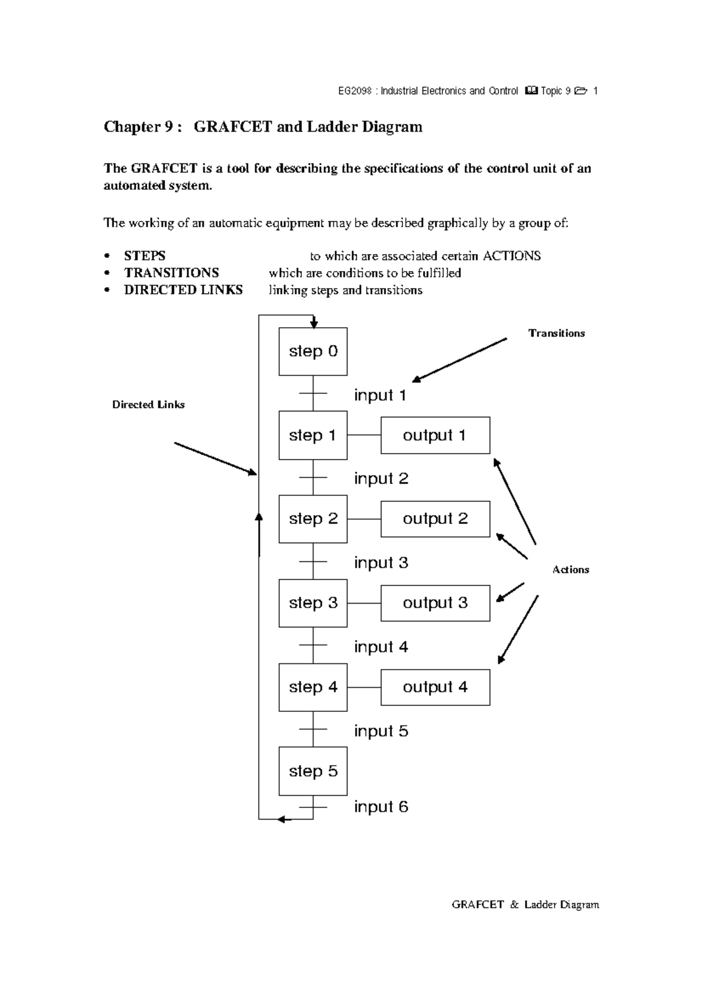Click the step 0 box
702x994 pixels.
313,351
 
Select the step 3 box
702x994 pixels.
313,603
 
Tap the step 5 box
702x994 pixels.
313,771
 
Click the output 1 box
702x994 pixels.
435,435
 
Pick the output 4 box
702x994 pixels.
435,687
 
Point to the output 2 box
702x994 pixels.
435,519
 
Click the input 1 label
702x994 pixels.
380,395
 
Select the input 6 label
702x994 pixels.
381,807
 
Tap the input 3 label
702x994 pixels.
381,563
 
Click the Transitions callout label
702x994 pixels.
556,333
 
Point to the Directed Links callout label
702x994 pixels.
149,405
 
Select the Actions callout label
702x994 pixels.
570,570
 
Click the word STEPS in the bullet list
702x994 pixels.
144,256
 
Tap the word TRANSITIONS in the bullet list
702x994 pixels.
171,273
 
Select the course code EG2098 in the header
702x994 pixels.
355,91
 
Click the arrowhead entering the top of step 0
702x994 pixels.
314,324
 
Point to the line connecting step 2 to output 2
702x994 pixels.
364,519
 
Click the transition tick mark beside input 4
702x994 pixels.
313,645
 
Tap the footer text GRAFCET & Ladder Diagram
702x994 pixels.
525,904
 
